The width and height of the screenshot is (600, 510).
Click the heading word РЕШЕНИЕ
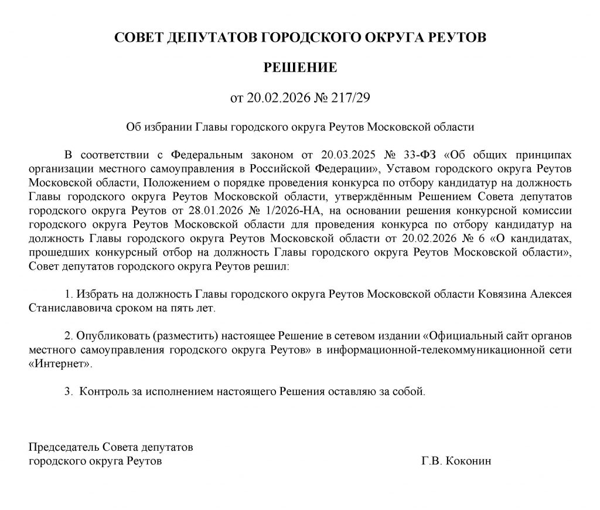click(300, 67)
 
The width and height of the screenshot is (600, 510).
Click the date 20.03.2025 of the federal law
click(349, 155)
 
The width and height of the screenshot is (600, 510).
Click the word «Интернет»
click(60, 363)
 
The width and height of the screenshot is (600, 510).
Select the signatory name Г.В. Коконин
click(456, 461)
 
